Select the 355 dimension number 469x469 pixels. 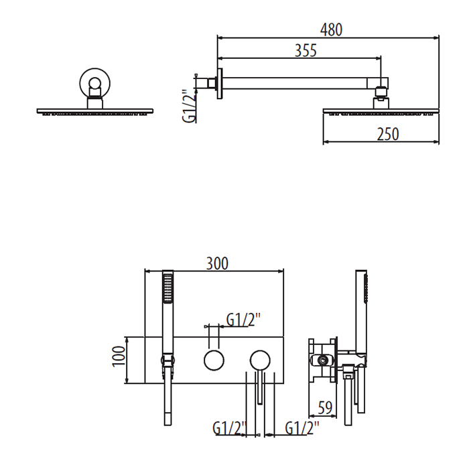(x=305, y=51)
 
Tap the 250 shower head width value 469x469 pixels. (x=387, y=134)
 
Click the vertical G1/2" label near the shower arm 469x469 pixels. (x=189, y=106)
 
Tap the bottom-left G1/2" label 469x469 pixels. (x=230, y=427)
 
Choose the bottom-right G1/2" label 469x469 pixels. (x=301, y=427)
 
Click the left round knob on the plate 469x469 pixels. (x=214, y=360)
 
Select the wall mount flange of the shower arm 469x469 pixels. (x=218, y=83)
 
